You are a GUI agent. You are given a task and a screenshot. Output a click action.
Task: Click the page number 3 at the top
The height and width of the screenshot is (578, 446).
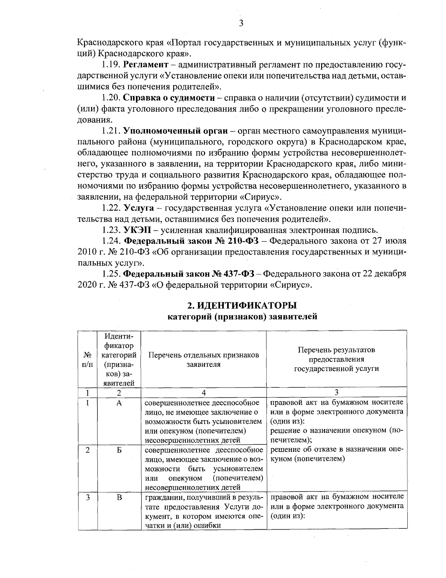[x=241, y=23]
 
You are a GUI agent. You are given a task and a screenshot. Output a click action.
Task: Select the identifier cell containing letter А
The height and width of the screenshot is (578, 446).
[x=119, y=403]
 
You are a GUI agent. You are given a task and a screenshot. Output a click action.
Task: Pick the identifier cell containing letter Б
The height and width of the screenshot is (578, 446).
[x=119, y=450]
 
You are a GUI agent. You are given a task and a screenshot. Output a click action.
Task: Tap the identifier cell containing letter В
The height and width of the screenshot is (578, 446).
[x=119, y=497]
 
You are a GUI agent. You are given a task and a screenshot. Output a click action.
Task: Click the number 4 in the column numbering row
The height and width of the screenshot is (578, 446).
[x=203, y=393]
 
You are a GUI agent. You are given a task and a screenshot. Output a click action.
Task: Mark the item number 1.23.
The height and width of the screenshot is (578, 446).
[x=112, y=229]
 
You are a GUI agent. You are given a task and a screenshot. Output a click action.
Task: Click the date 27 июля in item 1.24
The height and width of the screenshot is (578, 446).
[x=388, y=240]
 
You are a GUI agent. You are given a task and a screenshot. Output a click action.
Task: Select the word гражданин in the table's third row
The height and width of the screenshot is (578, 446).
[x=162, y=497]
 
